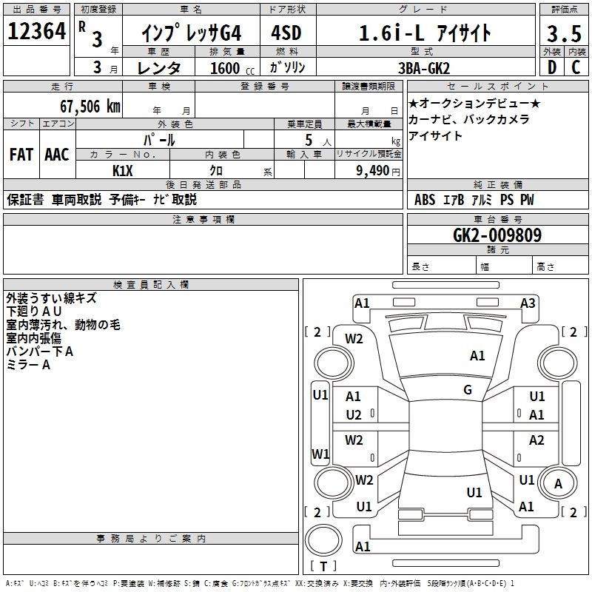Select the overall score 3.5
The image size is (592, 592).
click(563, 34)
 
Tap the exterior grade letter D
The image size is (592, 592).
click(551, 67)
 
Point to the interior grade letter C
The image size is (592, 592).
click(576, 67)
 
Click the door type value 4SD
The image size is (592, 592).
click(286, 33)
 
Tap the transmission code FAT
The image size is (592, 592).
click(21, 154)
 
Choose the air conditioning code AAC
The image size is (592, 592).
click(57, 154)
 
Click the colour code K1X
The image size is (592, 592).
click(123, 170)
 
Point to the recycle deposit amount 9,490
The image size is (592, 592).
click(373, 171)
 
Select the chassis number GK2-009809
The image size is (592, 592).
click(497, 235)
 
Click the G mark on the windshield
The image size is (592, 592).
click(468, 390)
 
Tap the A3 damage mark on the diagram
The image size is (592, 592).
click(528, 303)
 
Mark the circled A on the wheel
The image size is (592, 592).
click(559, 485)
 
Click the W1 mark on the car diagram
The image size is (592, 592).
click(320, 454)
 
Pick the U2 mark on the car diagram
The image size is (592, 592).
click(354, 415)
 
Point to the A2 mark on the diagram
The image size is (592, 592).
click(536, 440)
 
